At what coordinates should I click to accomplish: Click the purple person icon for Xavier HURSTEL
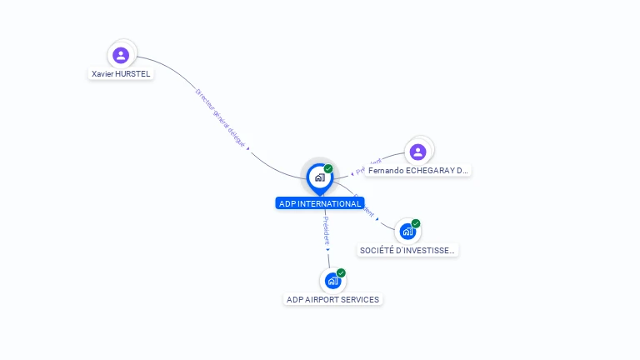[121, 55]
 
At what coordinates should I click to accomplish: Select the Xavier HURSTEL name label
[121, 74]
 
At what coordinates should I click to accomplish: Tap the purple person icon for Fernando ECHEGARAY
[417, 152]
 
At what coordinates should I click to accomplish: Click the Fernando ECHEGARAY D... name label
[417, 171]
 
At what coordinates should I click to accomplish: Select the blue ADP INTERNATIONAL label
[320, 203]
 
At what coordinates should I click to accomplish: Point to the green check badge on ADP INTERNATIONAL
[328, 169]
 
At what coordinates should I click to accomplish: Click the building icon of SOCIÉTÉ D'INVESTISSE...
[407, 232]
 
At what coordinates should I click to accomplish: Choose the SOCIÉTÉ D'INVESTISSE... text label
[407, 250]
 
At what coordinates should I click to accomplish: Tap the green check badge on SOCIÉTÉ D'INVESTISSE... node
[416, 223]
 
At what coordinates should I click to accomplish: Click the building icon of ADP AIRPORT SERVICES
[332, 281]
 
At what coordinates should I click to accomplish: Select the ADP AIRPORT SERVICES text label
[332, 300]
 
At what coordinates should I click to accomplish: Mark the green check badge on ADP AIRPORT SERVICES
[341, 273]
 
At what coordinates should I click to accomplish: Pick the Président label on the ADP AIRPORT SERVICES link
[326, 230]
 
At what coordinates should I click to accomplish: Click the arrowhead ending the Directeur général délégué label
[248, 149]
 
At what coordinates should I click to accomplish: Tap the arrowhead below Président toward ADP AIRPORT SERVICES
[327, 249]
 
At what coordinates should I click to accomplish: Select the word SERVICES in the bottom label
[358, 300]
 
